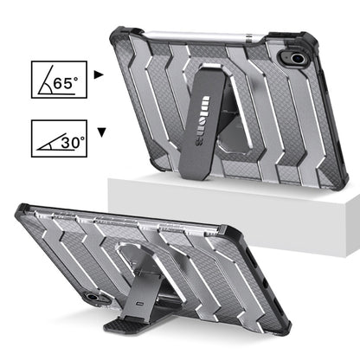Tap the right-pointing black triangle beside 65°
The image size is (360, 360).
[99, 75]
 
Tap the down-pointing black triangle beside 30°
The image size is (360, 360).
[102, 132]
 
